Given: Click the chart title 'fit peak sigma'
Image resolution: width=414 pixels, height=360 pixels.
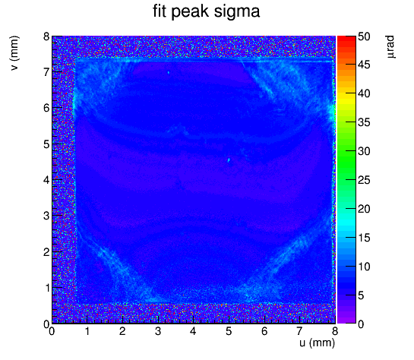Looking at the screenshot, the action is pos(207,12).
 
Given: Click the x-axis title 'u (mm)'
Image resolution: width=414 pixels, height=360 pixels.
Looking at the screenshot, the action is pos(317,343).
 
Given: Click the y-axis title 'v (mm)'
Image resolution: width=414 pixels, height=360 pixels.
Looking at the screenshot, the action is pos(14,53).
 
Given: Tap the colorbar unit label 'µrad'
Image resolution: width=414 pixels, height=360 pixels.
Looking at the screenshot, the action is pos(391,47).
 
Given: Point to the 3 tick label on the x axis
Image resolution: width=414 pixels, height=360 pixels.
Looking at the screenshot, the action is pos(158,331).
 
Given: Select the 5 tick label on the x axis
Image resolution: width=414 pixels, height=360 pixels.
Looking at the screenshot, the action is pos(229,331).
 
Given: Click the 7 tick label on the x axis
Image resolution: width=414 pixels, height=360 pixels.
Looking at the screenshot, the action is pos(299,331).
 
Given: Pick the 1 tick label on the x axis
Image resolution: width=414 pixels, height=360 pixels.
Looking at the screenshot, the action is pos(87,331).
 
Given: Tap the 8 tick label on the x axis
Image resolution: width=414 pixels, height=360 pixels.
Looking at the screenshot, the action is pos(335,331).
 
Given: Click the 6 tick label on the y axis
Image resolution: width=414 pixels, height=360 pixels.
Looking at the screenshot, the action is pos(47,108).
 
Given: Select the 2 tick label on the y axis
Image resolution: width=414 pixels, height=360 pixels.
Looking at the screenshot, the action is pos(47,252).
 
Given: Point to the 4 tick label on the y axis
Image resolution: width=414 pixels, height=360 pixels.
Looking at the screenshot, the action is pos(47,180).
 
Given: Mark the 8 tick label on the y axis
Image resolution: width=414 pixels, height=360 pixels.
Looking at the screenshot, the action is pos(47,36).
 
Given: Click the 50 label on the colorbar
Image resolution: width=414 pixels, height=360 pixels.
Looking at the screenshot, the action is pos(364,36).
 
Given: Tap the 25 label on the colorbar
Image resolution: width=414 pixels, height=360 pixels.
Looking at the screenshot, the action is pos(364,181).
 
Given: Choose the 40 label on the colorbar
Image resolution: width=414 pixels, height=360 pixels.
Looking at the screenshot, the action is pos(364,94).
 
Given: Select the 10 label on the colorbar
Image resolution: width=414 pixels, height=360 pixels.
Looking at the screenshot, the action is pos(364,267).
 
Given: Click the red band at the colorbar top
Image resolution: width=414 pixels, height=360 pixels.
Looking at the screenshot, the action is pos(346,39).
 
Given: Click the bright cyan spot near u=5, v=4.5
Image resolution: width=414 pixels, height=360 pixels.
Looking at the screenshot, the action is pos(229,160).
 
